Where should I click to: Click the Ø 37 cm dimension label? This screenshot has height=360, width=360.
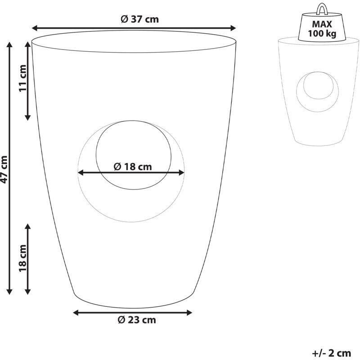[x=139, y=19]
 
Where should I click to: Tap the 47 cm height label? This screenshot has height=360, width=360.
[x=4, y=170]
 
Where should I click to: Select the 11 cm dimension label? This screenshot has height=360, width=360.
[x=23, y=78]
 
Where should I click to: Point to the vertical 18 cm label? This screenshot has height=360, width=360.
[x=23, y=258]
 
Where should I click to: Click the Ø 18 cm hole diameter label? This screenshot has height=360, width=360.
[x=133, y=166]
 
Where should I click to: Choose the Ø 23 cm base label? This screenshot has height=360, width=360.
[x=137, y=320]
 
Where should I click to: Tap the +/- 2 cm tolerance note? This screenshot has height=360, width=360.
[x=332, y=353]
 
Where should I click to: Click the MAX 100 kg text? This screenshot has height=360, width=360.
[x=322, y=29]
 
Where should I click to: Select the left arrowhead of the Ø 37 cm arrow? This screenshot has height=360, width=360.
[x=35, y=28]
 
